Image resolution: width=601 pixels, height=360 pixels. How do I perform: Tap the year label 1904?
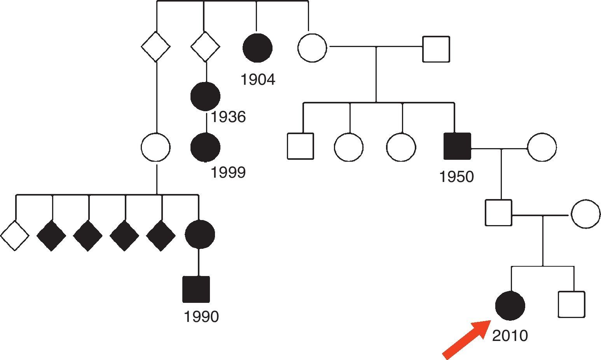point(258,80)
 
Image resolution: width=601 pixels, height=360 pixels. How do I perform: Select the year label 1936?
point(228,117)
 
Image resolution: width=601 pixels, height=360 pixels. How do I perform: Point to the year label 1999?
point(228,172)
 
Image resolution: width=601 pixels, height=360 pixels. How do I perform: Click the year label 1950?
point(456,177)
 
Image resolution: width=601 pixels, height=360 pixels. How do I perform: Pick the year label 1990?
point(201,317)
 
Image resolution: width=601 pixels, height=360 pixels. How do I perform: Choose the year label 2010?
point(510,336)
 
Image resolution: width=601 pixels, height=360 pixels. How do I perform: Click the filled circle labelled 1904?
point(257,48)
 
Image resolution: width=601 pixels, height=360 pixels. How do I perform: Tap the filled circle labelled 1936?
point(205,96)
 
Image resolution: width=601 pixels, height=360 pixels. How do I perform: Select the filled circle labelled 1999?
point(205,147)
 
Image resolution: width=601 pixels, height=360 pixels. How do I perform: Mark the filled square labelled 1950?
point(457,146)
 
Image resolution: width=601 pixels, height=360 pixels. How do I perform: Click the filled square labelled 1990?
point(196,289)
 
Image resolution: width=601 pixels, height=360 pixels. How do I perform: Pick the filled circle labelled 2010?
point(510,306)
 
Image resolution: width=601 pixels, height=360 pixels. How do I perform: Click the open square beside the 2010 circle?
point(571,304)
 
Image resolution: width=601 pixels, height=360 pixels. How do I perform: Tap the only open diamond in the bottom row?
point(15,235)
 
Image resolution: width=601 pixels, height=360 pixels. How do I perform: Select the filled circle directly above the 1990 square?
point(199,234)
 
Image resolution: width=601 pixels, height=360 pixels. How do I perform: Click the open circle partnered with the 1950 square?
point(542,147)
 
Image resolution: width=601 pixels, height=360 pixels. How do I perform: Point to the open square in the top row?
point(436,49)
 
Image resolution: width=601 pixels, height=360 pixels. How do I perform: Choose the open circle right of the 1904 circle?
point(312,48)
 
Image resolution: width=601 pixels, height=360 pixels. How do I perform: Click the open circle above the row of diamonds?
point(155,148)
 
